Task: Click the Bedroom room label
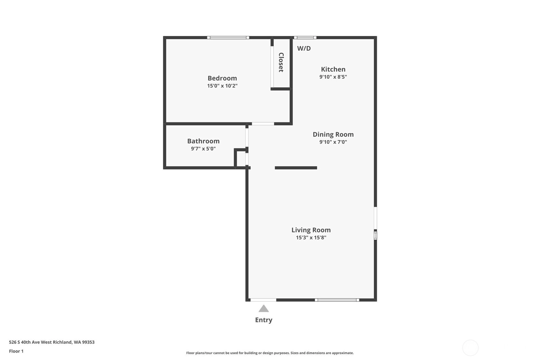[x=222, y=78]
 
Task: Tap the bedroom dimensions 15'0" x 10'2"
[x=222, y=86]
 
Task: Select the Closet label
[x=281, y=62]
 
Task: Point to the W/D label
[x=304, y=48]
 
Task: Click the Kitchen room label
[x=333, y=69]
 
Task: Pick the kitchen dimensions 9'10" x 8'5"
[x=333, y=77]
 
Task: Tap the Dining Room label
[x=333, y=134]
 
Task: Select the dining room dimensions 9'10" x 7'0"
[x=333, y=142]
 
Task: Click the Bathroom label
[x=203, y=141]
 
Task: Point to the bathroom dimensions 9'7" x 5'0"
[x=203, y=149]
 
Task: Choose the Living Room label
[x=311, y=230]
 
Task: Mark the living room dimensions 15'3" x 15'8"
[x=311, y=237]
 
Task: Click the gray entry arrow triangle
[x=263, y=309]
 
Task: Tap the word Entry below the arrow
[x=263, y=320]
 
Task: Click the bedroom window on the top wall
[x=228, y=38]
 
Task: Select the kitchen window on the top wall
[x=305, y=38]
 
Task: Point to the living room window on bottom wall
[x=337, y=300]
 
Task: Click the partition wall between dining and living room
[x=296, y=168]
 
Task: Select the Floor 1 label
[x=16, y=351]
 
